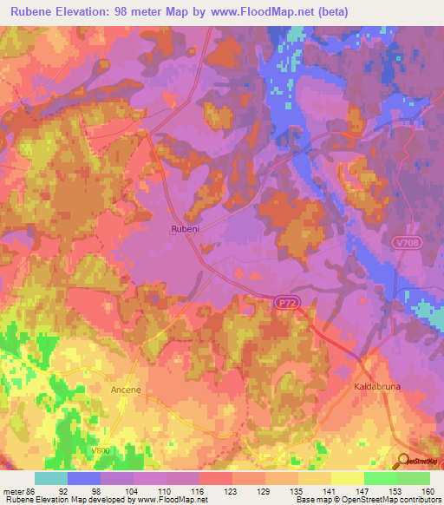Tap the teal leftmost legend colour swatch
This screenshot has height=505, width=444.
point(50,478)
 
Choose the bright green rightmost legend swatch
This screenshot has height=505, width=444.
point(413,478)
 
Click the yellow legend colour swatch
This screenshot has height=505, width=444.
point(347,478)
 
